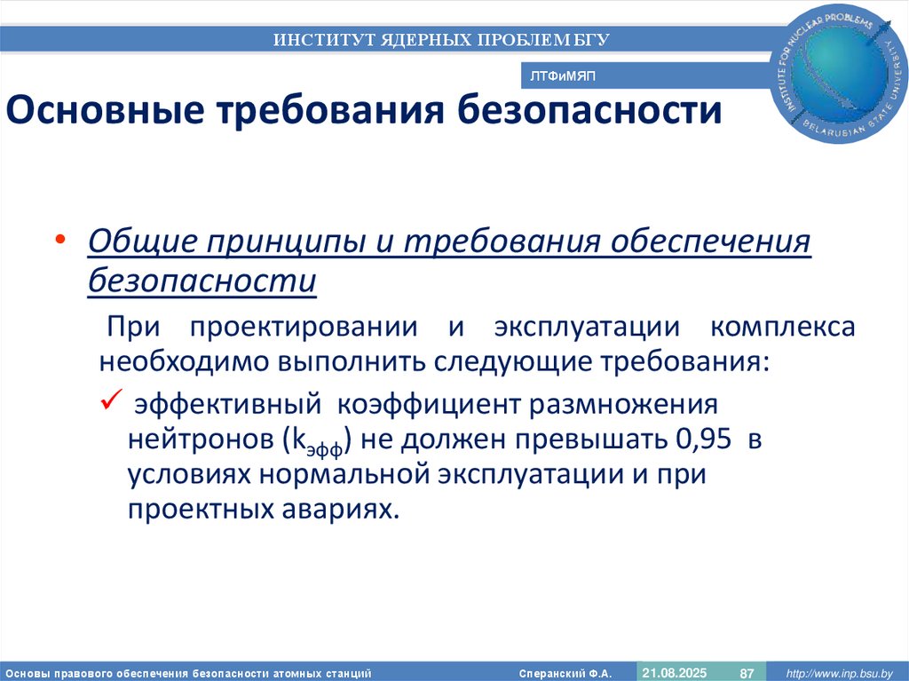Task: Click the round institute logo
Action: pos(841,77)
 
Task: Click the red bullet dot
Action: pos(59,242)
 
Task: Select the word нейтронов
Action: pos(201,439)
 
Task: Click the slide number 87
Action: pos(747,673)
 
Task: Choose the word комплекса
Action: pos(782,327)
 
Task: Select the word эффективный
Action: pos(225,405)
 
